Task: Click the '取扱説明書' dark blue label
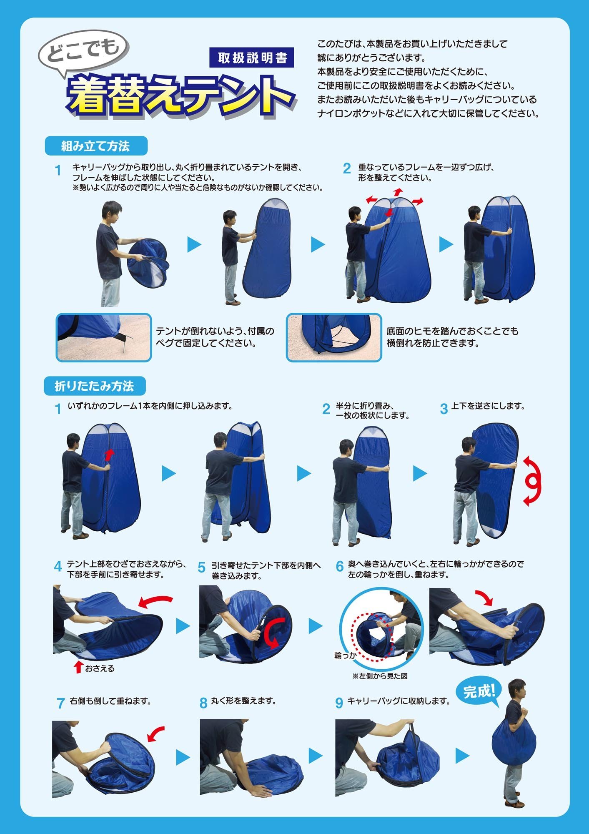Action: (x=251, y=58)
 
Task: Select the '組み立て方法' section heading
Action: (x=96, y=146)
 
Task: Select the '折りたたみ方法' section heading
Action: (x=95, y=386)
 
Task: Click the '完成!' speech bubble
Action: (x=479, y=693)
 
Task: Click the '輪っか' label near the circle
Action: (x=346, y=656)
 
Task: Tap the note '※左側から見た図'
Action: (x=380, y=676)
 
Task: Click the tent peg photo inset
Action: (x=104, y=338)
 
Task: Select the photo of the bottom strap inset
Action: (x=334, y=338)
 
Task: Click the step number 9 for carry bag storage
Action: (x=339, y=703)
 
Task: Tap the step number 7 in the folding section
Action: (x=60, y=703)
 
